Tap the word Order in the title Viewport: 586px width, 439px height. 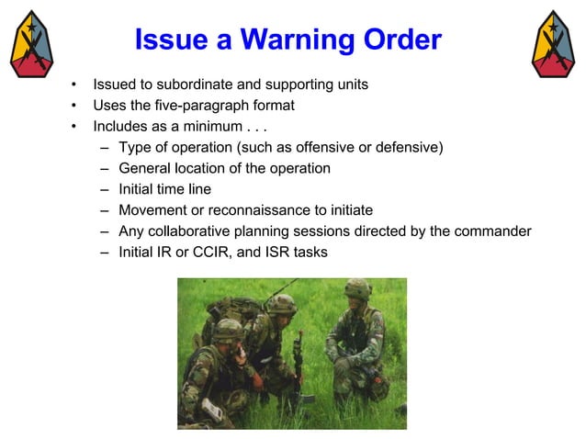400,40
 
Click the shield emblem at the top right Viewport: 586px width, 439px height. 554,44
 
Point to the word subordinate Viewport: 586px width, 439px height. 186,84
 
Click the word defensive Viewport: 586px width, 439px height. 409,147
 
